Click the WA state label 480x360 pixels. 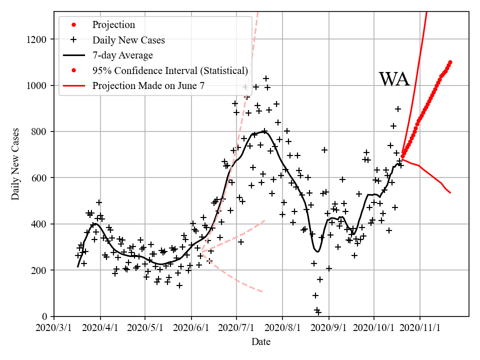(394, 79)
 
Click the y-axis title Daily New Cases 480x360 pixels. (15, 164)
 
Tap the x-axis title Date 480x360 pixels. (261, 342)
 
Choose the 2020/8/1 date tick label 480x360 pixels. (282, 327)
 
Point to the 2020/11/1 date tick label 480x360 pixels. (420, 327)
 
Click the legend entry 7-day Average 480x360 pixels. (122, 55)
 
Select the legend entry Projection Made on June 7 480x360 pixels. (148, 86)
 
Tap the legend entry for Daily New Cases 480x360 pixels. (128, 40)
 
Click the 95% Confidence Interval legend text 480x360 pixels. (170, 70)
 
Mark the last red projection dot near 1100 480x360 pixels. (450, 62)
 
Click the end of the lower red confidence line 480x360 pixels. (450, 192)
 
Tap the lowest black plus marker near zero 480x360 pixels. (318, 312)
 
